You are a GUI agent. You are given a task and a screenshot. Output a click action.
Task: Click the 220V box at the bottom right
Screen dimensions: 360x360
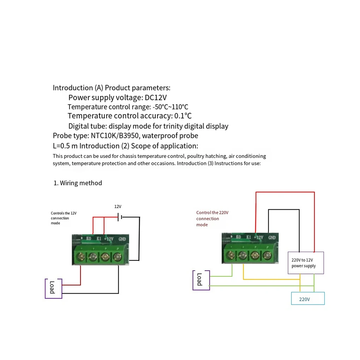(x=307, y=299)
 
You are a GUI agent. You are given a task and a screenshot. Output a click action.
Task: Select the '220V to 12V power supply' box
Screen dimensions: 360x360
(x=306, y=263)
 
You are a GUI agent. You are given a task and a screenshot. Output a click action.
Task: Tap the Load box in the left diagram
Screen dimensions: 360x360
(x=53, y=288)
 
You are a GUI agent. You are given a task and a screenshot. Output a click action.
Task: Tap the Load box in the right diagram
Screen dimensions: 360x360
(x=201, y=280)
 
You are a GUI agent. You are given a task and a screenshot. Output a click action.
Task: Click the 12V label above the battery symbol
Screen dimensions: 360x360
(x=118, y=206)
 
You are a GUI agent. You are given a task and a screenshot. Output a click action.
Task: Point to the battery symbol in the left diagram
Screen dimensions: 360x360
(x=120, y=217)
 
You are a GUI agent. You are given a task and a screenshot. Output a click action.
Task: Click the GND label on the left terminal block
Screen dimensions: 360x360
(x=122, y=239)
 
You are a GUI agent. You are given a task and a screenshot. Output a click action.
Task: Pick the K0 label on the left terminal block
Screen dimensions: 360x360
(x=89, y=239)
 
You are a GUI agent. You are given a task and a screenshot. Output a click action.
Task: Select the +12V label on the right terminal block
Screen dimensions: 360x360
(x=259, y=238)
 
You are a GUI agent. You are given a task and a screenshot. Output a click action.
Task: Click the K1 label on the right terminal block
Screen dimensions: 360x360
(x=248, y=238)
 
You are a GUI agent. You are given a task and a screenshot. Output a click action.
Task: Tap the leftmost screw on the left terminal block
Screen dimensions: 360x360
(x=82, y=257)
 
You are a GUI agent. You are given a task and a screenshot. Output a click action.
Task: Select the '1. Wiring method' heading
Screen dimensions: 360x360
(x=78, y=183)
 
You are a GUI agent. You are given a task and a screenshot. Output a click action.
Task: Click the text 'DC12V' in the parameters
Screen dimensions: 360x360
(x=156, y=97)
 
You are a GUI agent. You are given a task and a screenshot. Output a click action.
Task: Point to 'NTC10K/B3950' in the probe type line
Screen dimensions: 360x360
(x=115, y=136)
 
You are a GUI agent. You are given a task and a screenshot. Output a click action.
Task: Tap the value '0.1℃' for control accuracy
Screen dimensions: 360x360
(x=183, y=116)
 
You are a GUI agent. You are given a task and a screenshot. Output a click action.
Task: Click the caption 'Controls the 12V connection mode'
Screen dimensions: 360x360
(x=63, y=218)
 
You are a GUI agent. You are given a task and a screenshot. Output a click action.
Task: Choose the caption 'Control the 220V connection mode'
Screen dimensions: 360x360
(x=212, y=218)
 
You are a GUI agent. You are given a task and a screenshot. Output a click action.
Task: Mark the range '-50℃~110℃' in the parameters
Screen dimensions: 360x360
(x=170, y=107)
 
